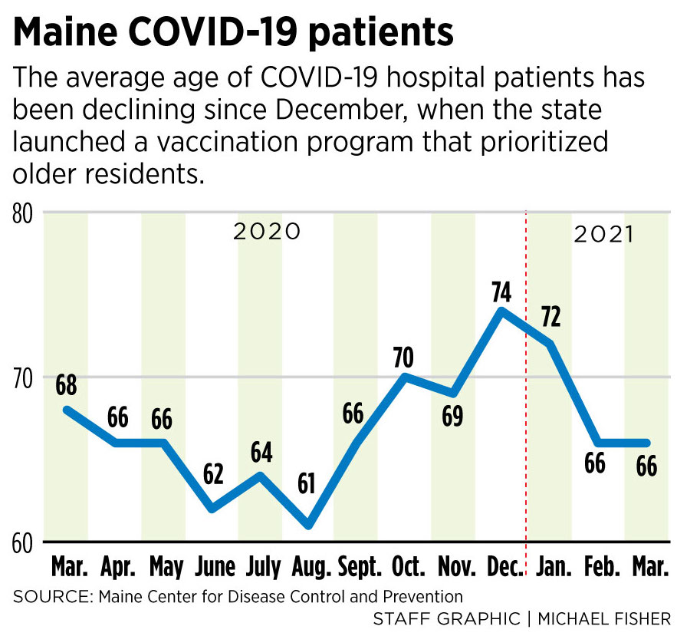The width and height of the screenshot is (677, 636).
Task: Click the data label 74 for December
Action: (502, 292)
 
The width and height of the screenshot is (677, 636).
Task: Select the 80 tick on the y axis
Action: (25, 213)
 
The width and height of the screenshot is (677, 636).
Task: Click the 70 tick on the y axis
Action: (25, 377)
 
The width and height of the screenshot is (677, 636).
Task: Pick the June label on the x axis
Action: (214, 569)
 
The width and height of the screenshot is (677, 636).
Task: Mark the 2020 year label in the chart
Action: (267, 232)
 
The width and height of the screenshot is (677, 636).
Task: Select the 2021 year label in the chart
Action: (604, 235)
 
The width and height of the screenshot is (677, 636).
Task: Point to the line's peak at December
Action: (501, 311)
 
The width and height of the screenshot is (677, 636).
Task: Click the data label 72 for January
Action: (550, 316)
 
